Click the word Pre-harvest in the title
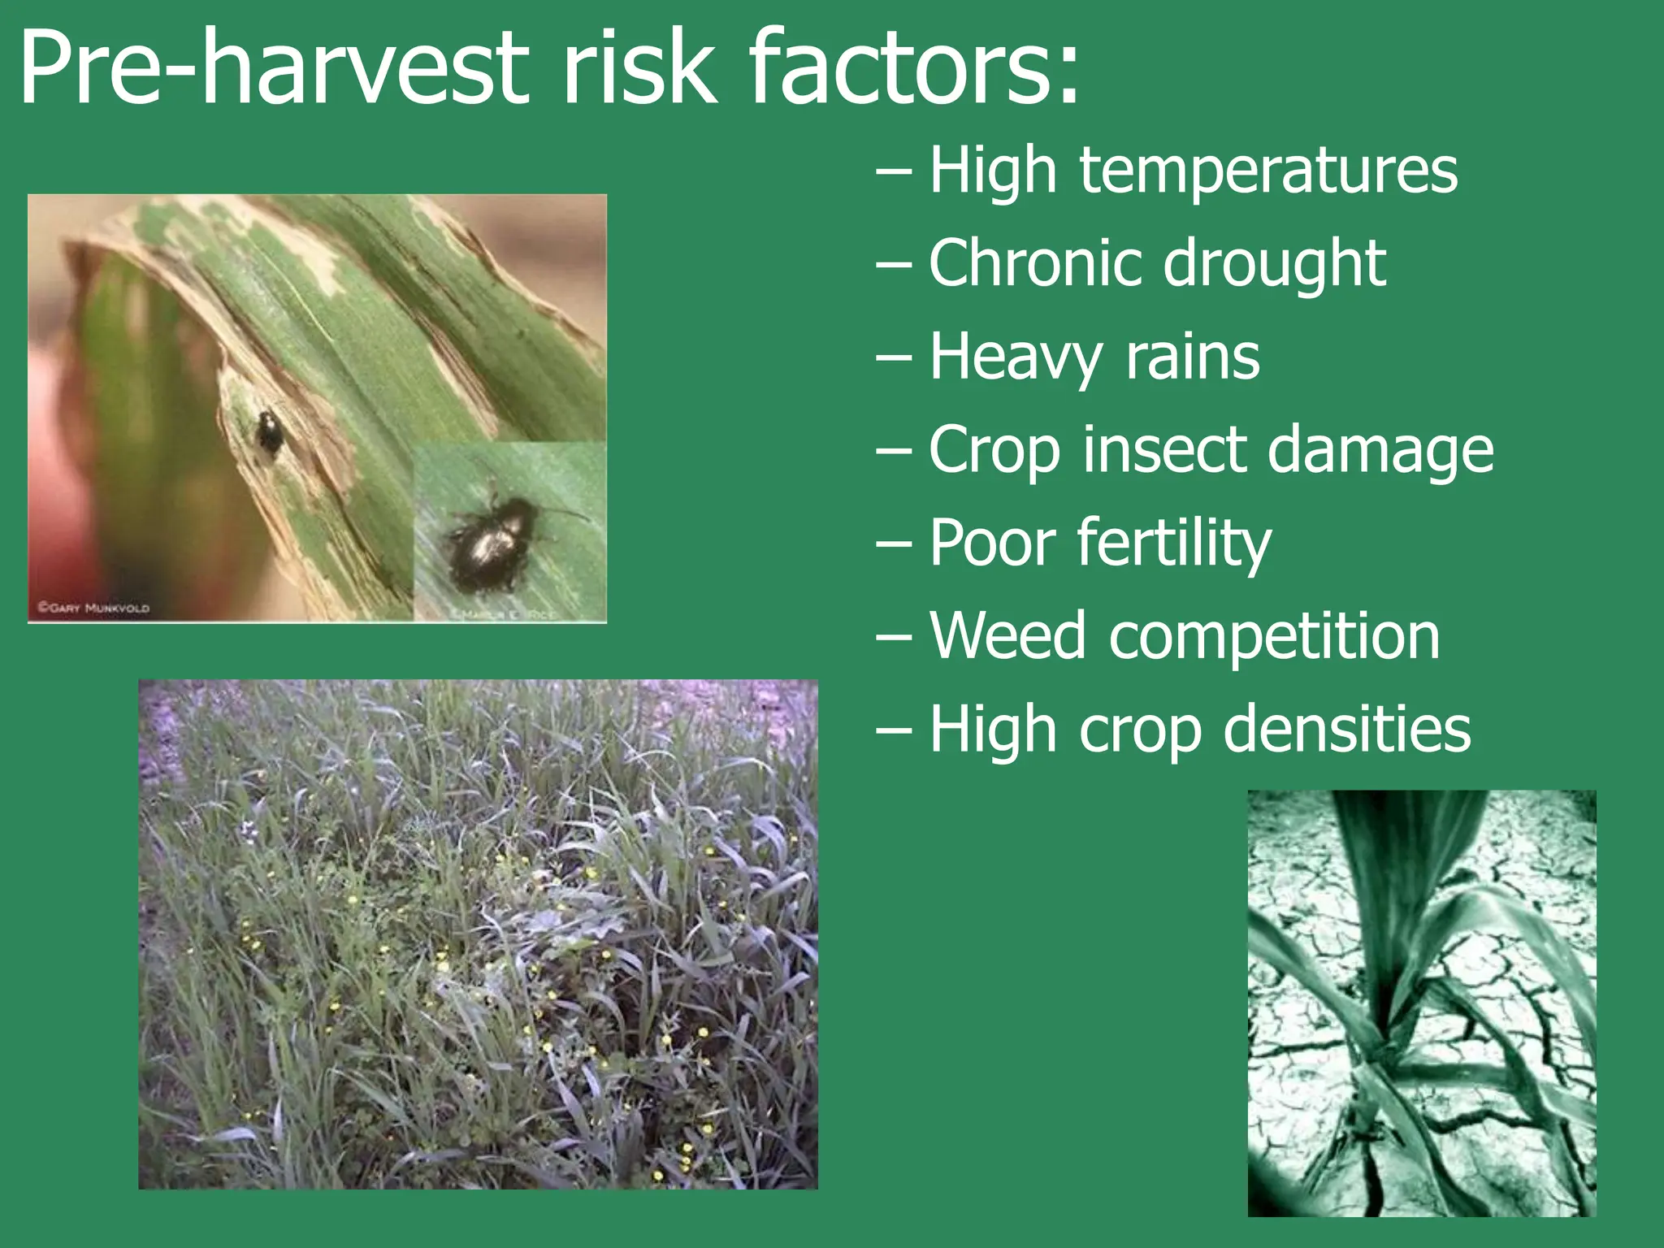(273, 69)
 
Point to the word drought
(1275, 265)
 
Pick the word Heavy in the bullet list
(1016, 357)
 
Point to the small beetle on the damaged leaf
(270, 432)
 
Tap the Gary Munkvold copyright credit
(94, 607)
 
